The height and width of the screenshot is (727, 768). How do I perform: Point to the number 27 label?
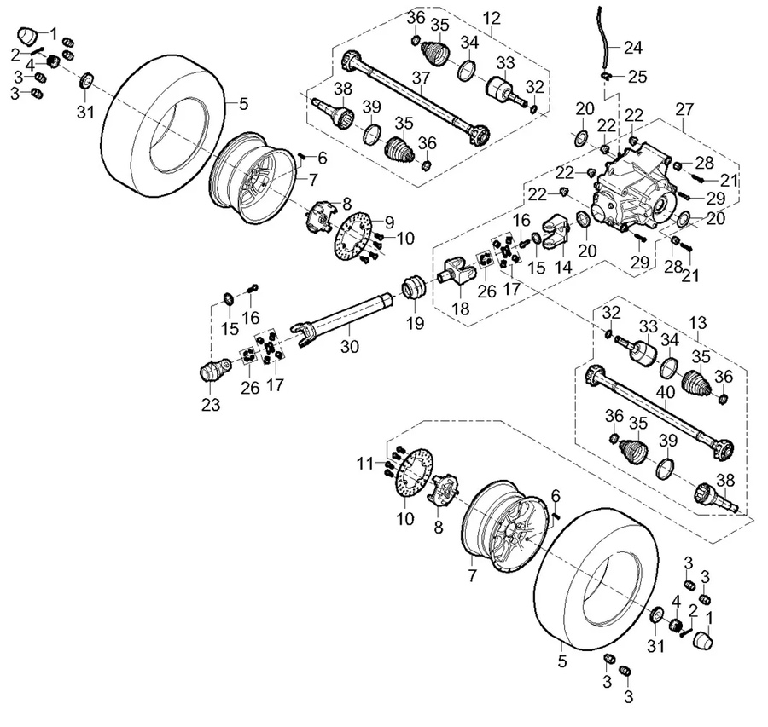pos(684,109)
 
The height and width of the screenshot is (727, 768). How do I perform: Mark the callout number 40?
pos(665,393)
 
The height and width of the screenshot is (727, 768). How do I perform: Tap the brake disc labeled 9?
pos(352,234)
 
